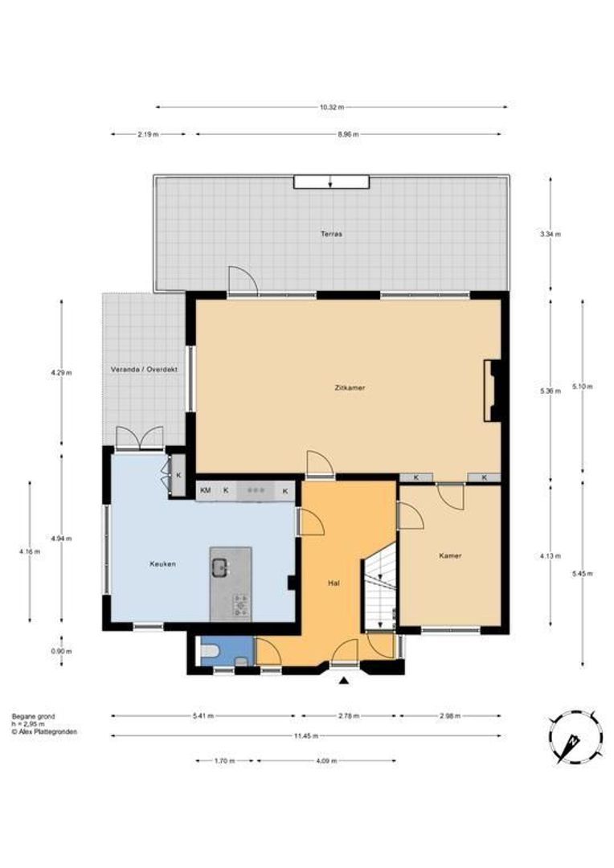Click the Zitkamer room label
350,387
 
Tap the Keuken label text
162,563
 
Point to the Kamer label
450,555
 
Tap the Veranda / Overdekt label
144,370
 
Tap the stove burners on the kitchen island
239,604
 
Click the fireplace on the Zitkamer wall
491,391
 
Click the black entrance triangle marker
344,682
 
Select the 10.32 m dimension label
331,107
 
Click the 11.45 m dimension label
306,735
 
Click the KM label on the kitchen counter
206,489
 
